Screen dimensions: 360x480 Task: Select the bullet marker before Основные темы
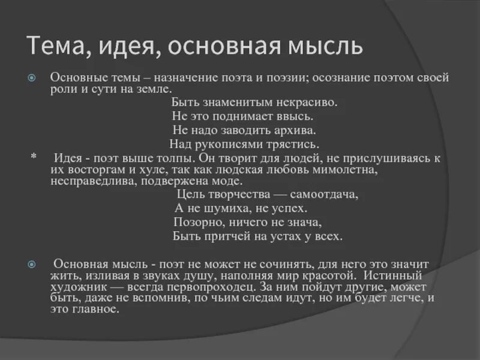click(34, 79)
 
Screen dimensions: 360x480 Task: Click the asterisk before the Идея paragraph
click(33, 157)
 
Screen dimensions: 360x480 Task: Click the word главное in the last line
click(96, 310)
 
